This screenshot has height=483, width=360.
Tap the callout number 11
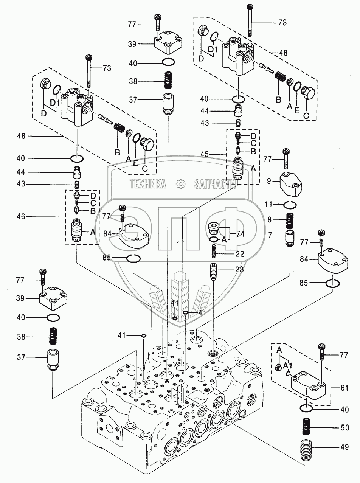[x=269, y=205]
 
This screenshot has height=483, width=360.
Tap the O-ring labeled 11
[x=290, y=205]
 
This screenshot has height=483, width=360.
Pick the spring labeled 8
[x=290, y=220]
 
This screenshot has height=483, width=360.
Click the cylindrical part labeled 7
[x=290, y=239]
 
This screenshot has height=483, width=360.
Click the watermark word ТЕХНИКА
[x=148, y=184]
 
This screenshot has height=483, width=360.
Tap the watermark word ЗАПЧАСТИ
[x=214, y=184]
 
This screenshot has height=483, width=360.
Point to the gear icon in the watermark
[x=181, y=184]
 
